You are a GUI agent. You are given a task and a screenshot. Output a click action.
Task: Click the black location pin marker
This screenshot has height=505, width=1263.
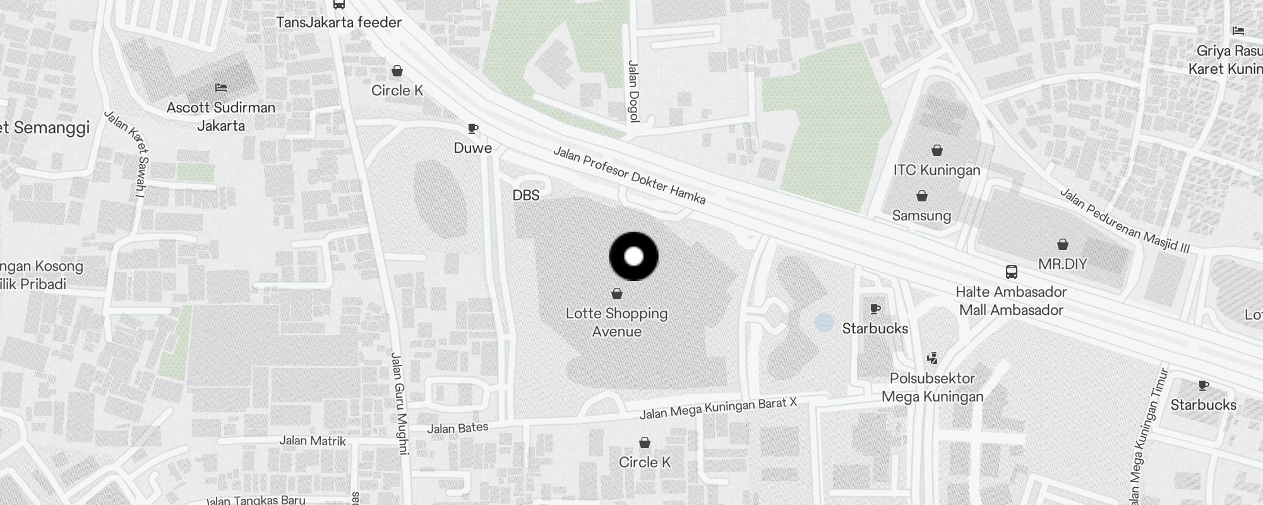[x=633, y=256]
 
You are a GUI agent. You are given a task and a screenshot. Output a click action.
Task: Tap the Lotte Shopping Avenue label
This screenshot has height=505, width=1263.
[x=616, y=322]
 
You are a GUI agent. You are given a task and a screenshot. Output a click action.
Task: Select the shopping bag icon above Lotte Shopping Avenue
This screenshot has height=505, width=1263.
[x=617, y=294]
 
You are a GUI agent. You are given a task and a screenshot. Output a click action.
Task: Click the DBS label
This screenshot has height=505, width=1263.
[x=526, y=195]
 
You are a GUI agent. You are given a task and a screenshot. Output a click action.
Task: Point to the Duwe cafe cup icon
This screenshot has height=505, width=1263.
[x=472, y=129]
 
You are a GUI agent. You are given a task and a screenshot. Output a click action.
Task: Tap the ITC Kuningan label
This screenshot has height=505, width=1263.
[x=937, y=170]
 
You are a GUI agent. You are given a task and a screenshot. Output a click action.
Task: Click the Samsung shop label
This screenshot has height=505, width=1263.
[x=921, y=215]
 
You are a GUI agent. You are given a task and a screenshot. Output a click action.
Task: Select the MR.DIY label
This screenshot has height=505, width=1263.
[x=1062, y=263]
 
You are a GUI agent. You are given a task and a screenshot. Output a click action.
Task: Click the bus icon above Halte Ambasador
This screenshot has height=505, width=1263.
[x=1011, y=272]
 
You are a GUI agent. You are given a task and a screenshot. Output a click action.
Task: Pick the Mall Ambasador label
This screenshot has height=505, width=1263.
[x=1011, y=310]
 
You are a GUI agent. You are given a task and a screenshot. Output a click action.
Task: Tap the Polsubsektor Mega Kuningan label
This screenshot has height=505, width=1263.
[x=932, y=387]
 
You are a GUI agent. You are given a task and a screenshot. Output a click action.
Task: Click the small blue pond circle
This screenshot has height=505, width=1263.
[x=823, y=323]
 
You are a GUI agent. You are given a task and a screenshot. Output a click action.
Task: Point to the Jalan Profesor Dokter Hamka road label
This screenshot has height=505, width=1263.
[x=629, y=175]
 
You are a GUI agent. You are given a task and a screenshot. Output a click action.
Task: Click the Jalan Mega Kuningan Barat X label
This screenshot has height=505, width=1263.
[x=718, y=408]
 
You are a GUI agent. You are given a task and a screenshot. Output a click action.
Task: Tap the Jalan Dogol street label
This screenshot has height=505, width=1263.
[x=633, y=91]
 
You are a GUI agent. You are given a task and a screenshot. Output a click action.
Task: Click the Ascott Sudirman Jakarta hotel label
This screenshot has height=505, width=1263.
[x=221, y=116]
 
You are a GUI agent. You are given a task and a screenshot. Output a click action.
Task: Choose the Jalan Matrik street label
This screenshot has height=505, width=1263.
[x=313, y=441]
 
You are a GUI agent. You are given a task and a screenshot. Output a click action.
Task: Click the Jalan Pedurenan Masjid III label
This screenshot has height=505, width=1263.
[x=1124, y=221]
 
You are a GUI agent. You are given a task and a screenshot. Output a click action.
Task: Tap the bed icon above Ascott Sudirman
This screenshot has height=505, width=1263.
[x=220, y=87]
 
